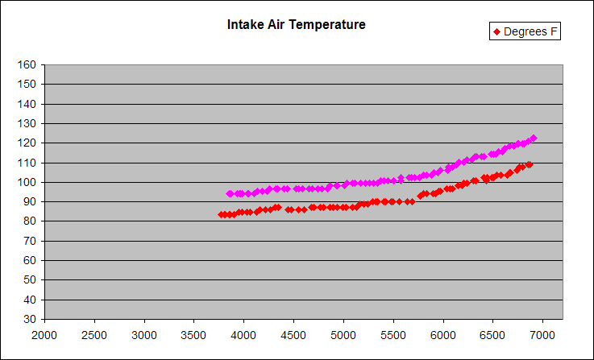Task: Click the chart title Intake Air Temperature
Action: [x=297, y=25]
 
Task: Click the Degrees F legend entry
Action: [x=525, y=31]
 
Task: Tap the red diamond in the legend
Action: [x=496, y=31]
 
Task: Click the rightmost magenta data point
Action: [x=534, y=139]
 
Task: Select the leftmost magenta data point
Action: [x=230, y=193]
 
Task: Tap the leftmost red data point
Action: [x=221, y=215]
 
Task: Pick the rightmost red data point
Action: [x=530, y=164]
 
